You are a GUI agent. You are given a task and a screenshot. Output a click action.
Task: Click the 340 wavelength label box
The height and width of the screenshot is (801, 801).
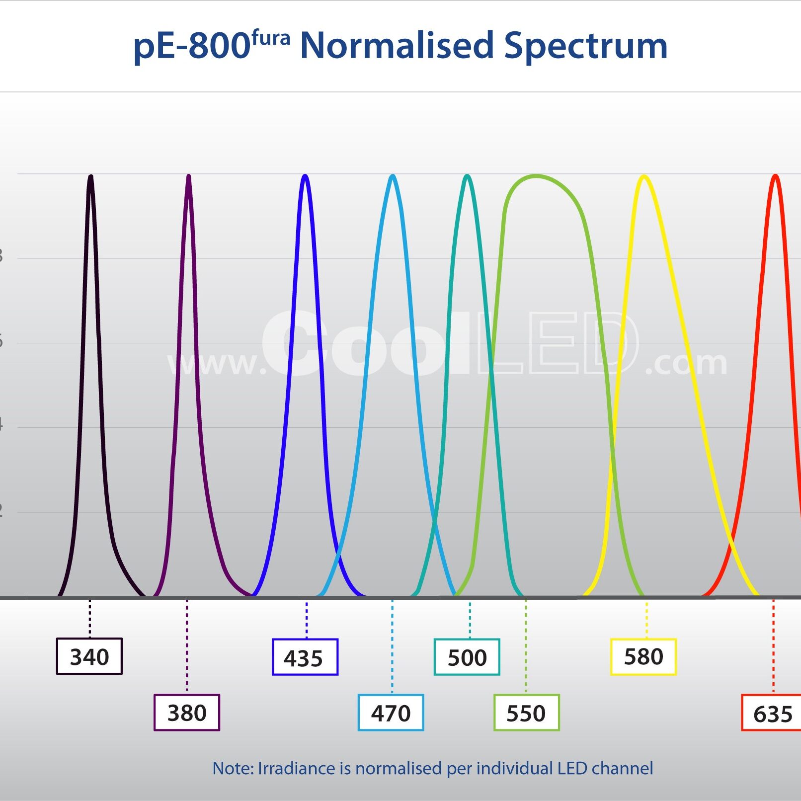89,656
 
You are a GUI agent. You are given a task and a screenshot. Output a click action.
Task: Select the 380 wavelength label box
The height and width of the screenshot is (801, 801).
187,713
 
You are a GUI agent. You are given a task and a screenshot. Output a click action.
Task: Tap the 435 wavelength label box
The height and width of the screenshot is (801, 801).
305,657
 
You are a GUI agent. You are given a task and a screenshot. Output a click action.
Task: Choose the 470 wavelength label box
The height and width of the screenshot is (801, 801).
391,713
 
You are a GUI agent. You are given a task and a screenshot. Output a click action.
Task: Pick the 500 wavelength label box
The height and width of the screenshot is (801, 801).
467,657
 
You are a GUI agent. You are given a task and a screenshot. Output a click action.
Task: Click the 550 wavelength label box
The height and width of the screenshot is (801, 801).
527,713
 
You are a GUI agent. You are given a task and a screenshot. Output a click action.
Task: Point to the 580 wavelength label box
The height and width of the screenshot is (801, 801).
643,656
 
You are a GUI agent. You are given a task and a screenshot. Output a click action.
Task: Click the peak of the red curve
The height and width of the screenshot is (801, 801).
775,176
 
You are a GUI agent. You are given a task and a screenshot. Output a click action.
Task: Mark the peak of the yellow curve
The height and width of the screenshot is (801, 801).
644,176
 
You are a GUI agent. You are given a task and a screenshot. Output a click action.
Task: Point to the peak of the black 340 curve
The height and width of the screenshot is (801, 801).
90,176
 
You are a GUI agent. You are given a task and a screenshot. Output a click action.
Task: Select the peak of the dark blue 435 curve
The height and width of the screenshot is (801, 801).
305,176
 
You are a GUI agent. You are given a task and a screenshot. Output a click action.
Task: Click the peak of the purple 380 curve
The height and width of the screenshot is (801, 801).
188,176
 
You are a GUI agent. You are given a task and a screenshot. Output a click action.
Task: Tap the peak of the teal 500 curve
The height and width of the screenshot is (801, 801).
467,176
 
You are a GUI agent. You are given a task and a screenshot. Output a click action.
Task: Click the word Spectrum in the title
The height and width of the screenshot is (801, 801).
585,46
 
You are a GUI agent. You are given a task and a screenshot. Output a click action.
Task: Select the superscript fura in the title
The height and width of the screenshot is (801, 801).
271,38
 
